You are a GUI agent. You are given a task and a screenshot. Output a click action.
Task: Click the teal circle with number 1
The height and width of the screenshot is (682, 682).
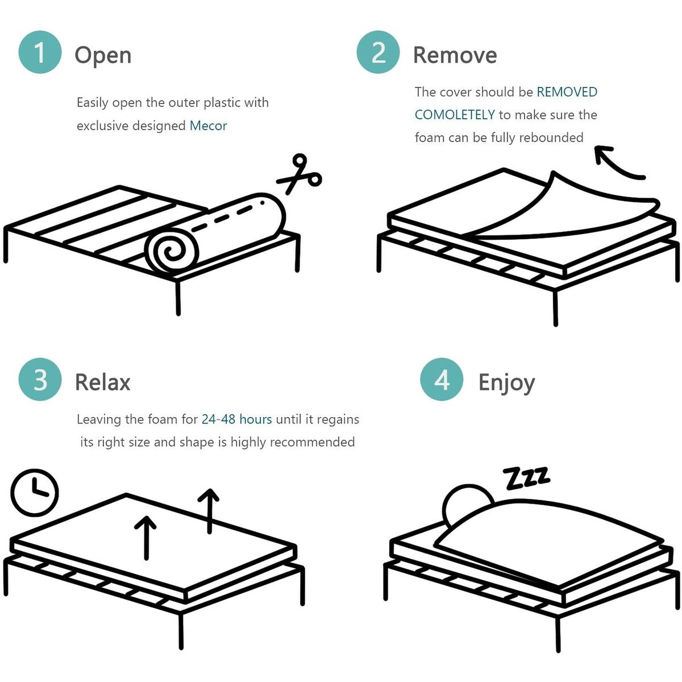(40, 52)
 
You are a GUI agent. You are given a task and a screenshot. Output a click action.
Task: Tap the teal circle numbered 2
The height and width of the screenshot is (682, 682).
(378, 52)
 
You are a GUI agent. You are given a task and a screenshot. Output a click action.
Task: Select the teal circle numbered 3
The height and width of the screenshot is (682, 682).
(40, 379)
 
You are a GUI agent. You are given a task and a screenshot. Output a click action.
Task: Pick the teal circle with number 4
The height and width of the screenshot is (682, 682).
(442, 379)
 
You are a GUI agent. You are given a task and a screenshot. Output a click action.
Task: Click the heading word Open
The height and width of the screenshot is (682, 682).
(103, 55)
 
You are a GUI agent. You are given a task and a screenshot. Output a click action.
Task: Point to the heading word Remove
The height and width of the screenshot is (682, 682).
(455, 55)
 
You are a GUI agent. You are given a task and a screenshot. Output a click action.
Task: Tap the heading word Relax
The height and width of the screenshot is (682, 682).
(103, 382)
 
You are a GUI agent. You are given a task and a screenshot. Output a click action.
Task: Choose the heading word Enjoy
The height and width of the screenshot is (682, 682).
(506, 382)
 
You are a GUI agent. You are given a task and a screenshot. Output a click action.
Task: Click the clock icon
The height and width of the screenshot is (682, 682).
(35, 492)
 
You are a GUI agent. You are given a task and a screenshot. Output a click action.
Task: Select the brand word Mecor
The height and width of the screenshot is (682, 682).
(208, 126)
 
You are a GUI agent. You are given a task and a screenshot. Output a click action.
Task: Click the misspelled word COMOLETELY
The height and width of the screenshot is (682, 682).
(455, 115)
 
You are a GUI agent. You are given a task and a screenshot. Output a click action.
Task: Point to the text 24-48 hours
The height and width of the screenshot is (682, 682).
(236, 419)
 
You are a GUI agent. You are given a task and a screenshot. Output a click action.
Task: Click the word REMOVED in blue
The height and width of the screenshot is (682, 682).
(567, 92)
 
